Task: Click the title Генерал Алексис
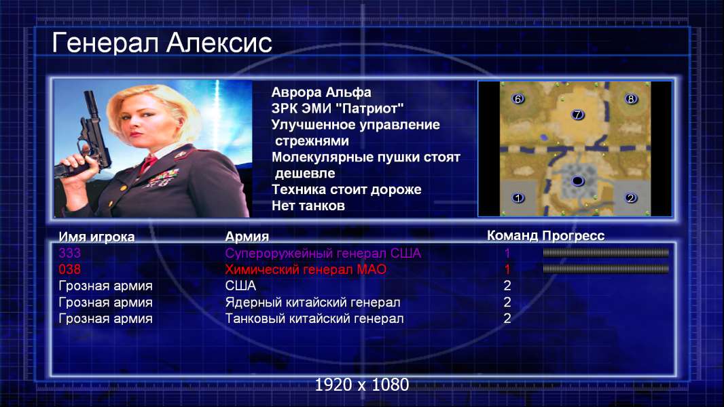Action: (x=162, y=43)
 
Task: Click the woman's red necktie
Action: (x=148, y=163)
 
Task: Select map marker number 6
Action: (x=518, y=98)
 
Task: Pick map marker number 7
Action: (x=577, y=115)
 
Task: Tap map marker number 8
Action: (x=631, y=98)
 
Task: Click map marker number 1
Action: (x=518, y=198)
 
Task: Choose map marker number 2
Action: (x=631, y=198)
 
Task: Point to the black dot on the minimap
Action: (x=577, y=180)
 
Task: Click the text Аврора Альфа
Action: (x=321, y=92)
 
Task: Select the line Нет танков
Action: (x=308, y=206)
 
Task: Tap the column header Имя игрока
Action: (x=96, y=237)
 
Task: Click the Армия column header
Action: (x=247, y=237)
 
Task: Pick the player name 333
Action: (x=70, y=253)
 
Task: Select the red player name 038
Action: (x=70, y=269)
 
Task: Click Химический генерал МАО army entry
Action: (x=306, y=269)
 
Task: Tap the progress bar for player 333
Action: (x=606, y=252)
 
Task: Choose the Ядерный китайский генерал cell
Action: (x=312, y=303)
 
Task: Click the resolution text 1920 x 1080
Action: (x=362, y=385)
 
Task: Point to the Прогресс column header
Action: (x=573, y=236)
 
